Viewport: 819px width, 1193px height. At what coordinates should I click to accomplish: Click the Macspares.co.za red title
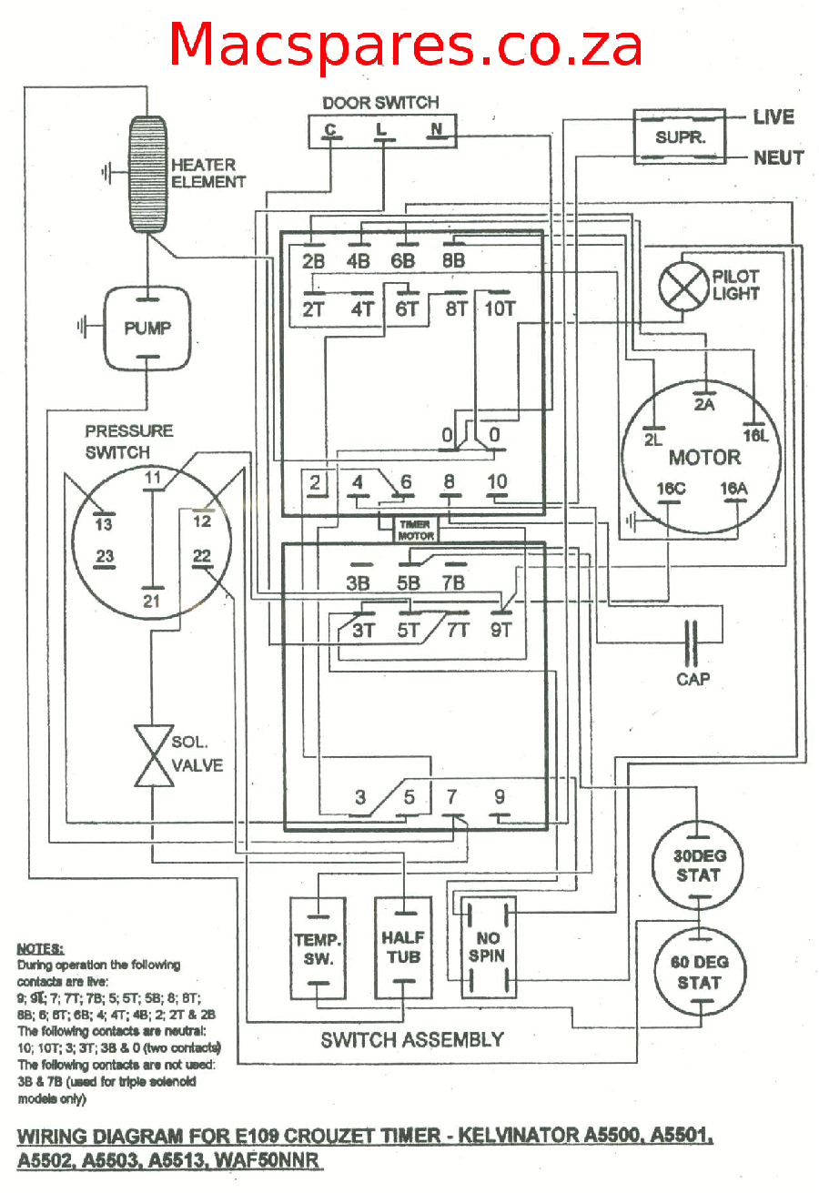pyautogui.click(x=406, y=44)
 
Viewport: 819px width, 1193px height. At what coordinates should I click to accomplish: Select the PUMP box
pyautogui.click(x=147, y=329)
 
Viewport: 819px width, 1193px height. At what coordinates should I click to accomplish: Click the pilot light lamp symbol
pyautogui.click(x=683, y=284)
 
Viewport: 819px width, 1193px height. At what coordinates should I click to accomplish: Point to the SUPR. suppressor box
pyautogui.click(x=681, y=137)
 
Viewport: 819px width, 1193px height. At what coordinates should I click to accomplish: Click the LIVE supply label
pyautogui.click(x=773, y=116)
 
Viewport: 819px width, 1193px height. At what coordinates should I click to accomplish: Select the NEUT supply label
pyautogui.click(x=778, y=157)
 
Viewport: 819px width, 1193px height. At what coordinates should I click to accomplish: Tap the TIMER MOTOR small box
pyautogui.click(x=415, y=531)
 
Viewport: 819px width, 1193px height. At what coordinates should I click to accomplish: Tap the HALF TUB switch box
pyautogui.click(x=403, y=947)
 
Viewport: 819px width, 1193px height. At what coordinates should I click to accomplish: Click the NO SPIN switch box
pyautogui.click(x=487, y=947)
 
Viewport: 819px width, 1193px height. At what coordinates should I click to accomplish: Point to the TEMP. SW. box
pyautogui.click(x=318, y=947)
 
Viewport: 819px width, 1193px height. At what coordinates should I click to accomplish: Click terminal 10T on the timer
pyautogui.click(x=500, y=308)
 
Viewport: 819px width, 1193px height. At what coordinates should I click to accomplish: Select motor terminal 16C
pyautogui.click(x=671, y=490)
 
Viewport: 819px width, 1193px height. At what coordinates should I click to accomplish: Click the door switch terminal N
pyautogui.click(x=437, y=129)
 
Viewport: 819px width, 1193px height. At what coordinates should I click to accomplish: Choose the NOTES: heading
pyautogui.click(x=40, y=947)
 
